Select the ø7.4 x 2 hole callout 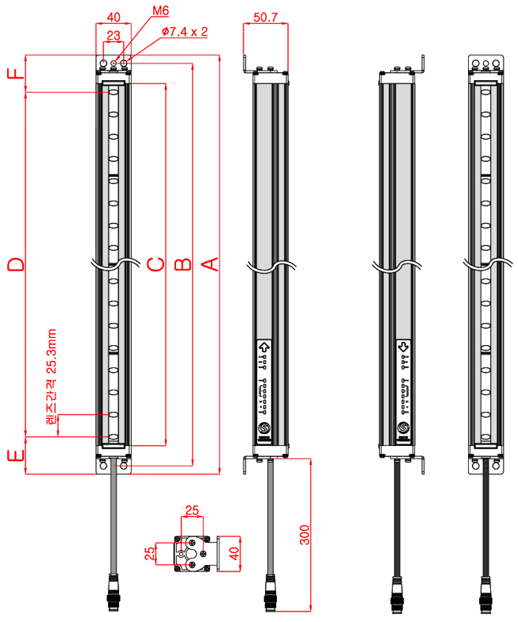click(x=184, y=32)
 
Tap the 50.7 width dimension click(x=264, y=15)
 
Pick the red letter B click(x=182, y=263)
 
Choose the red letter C click(x=155, y=263)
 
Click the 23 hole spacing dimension click(x=113, y=35)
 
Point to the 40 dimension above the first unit click(x=113, y=16)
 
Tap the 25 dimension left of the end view click(x=149, y=553)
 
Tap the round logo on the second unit click(x=264, y=429)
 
